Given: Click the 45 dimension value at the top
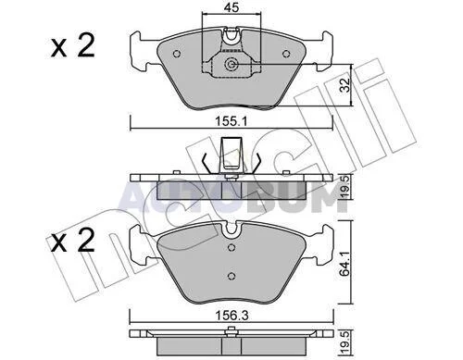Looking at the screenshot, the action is click(231, 8).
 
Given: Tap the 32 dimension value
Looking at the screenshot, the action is click(346, 85).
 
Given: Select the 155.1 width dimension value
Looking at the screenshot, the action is click(231, 122).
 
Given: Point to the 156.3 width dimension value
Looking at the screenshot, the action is click(231, 316).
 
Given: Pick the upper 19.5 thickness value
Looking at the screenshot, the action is click(345, 186).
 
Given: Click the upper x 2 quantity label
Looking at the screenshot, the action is click(73, 46).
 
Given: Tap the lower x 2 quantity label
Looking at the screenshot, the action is click(73, 240).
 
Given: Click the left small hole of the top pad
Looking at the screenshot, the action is click(177, 54).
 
